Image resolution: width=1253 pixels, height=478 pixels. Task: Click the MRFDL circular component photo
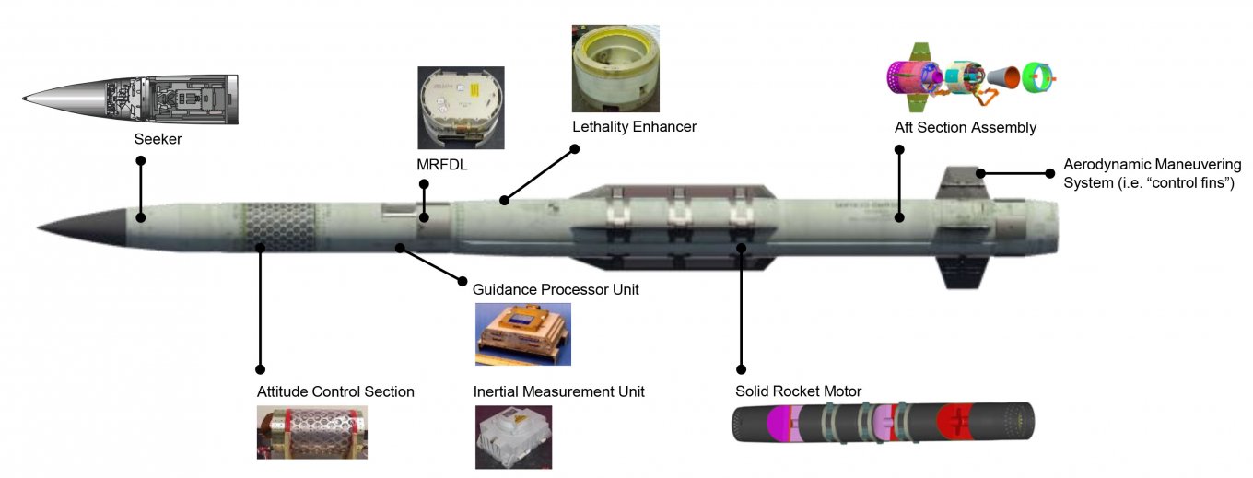[461, 107]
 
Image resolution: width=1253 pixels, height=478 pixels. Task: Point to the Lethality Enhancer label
[634, 126]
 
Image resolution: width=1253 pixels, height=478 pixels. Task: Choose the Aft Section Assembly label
[965, 127]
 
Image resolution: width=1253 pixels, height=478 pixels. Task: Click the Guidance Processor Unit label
[556, 289]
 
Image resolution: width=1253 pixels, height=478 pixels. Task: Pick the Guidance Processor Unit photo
[522, 333]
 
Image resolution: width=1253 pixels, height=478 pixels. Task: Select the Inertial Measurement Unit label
[558, 391]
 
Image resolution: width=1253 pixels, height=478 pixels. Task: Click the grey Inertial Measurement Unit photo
[513, 437]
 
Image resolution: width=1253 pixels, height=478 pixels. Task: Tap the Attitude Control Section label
[335, 391]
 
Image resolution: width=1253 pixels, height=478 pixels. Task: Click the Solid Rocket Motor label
[798, 391]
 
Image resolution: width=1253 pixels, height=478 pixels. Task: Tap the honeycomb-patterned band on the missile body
[263, 227]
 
